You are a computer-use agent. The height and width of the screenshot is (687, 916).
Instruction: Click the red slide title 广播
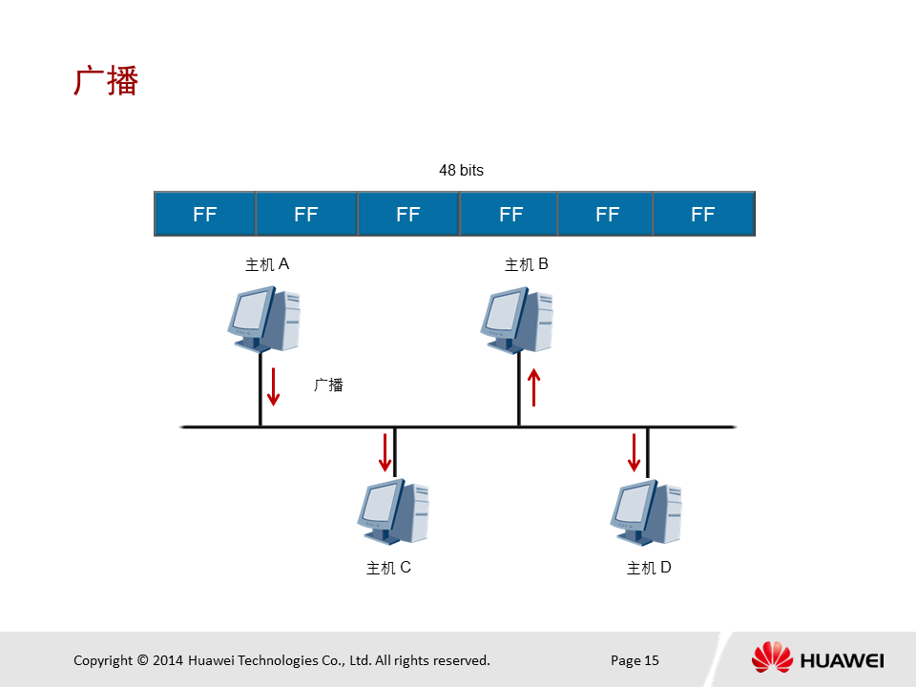(106, 80)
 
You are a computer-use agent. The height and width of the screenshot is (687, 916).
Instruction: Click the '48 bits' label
(461, 170)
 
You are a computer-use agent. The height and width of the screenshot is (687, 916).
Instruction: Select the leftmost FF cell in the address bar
(205, 214)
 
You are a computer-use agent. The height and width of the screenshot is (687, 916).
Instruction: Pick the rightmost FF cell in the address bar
(703, 214)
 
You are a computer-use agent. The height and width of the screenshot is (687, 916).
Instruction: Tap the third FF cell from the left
(408, 214)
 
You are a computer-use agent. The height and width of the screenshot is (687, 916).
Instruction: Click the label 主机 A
(267, 264)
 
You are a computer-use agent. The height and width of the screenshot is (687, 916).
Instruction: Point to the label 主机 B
(527, 264)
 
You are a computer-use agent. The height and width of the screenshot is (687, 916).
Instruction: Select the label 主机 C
(388, 568)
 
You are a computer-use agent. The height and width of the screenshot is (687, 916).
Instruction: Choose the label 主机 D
(649, 568)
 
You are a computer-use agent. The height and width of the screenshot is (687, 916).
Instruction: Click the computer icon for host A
(264, 319)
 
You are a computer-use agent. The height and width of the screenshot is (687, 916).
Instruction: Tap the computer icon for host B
(517, 321)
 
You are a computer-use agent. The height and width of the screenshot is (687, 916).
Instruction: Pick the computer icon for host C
(394, 511)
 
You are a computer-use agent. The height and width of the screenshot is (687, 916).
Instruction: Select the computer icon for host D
(646, 512)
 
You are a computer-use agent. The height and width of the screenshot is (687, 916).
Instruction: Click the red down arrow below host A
(274, 386)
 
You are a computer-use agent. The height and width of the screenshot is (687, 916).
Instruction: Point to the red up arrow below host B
(534, 387)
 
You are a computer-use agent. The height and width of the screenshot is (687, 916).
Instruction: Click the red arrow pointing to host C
(385, 452)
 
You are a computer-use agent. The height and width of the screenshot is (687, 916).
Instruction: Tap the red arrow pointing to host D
(635, 452)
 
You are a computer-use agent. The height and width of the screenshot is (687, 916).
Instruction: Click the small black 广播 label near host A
(328, 385)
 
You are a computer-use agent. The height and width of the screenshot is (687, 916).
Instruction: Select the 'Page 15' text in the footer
(635, 660)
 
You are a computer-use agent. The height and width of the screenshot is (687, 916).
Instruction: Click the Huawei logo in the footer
(818, 657)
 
